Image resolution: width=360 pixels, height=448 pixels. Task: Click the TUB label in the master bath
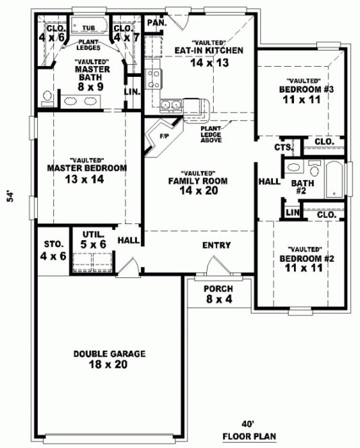(89, 28)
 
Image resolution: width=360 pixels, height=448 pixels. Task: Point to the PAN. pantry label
(156, 23)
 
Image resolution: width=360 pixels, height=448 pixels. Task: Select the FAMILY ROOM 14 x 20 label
(198, 186)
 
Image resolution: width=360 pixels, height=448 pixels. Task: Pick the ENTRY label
(216, 246)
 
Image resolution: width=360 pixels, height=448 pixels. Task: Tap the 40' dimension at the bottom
(249, 424)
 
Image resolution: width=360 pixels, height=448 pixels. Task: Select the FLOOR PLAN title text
(249, 436)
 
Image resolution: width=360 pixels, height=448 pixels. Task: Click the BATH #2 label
(303, 187)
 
